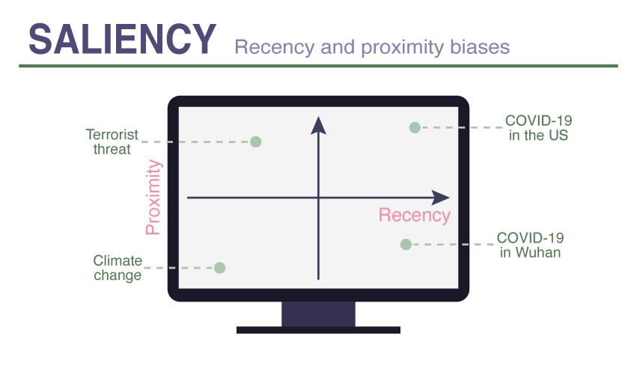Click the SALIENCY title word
123,38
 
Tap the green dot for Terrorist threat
255,141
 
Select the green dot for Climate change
219,267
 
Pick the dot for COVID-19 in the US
415,127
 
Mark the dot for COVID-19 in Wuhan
406,244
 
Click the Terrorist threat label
112,141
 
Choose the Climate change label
118,268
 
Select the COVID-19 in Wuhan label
530,245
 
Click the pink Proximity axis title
153,197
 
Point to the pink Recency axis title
414,216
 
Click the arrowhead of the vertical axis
319,124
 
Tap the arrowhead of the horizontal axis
441,198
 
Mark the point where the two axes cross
319,198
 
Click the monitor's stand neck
318,314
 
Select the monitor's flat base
318,329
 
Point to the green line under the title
318,66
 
